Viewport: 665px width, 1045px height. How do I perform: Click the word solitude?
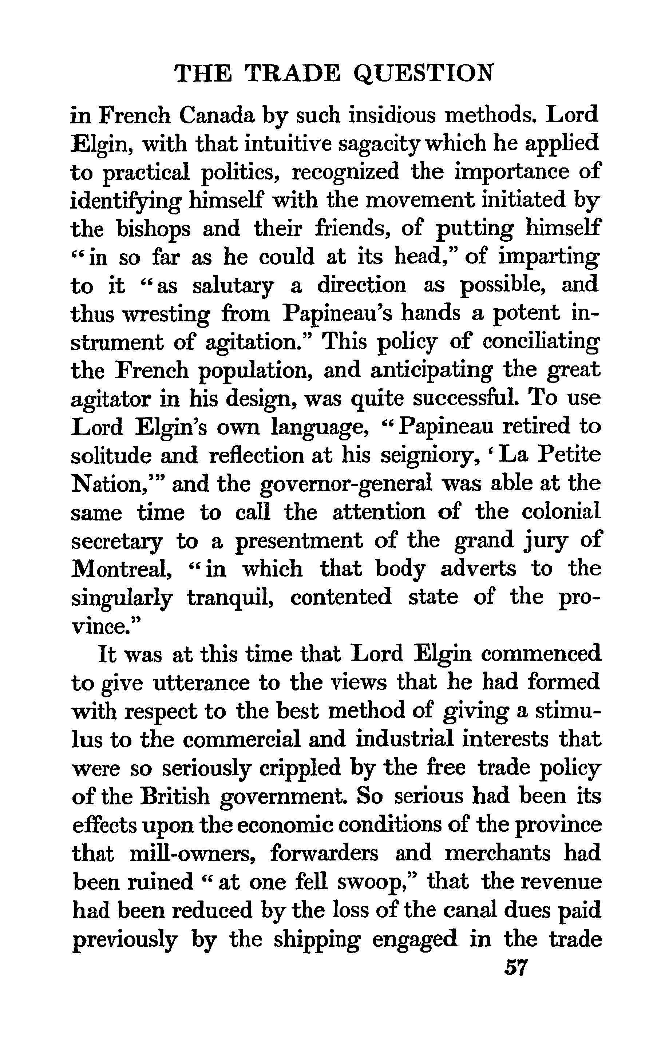[x=110, y=455]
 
